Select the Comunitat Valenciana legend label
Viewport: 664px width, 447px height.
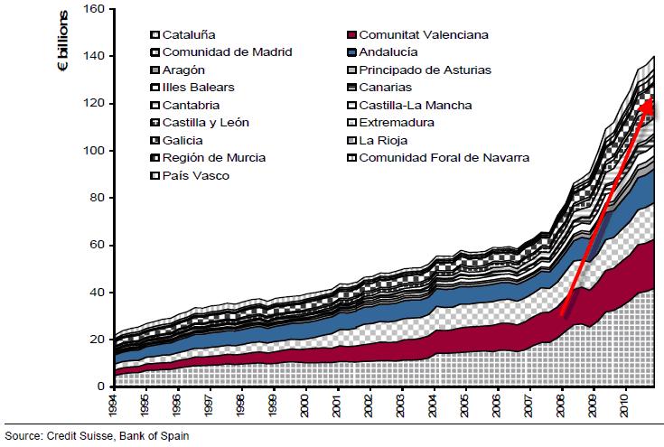[x=424, y=34]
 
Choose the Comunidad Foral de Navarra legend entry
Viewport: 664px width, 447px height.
[x=444, y=157]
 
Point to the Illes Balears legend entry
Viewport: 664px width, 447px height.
[x=198, y=87]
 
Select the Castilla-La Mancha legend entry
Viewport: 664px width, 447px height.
[x=415, y=105]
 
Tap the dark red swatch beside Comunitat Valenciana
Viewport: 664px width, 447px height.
[x=351, y=35]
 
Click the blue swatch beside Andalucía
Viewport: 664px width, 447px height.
[x=351, y=52]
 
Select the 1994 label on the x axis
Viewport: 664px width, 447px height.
[x=111, y=404]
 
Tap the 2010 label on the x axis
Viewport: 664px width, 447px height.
[x=623, y=404]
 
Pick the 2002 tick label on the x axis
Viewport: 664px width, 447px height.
[x=368, y=404]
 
